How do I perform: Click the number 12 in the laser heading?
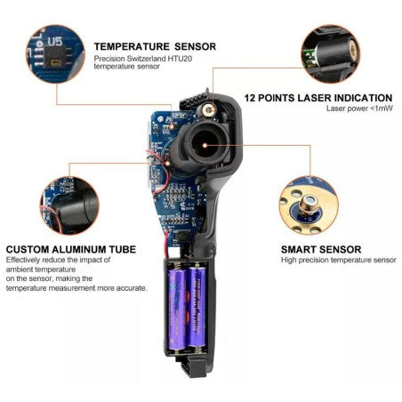pos(252,98)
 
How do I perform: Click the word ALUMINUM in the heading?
pos(81,250)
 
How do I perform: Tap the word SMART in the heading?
pos(301,250)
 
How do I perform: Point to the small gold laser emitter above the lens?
pos(211,109)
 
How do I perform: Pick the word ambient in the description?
pos(21,269)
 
